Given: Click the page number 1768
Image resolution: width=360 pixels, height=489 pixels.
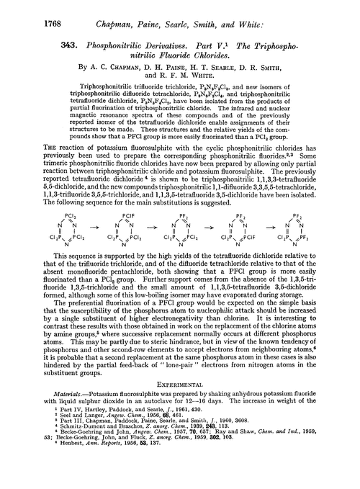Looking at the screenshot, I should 24,9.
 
